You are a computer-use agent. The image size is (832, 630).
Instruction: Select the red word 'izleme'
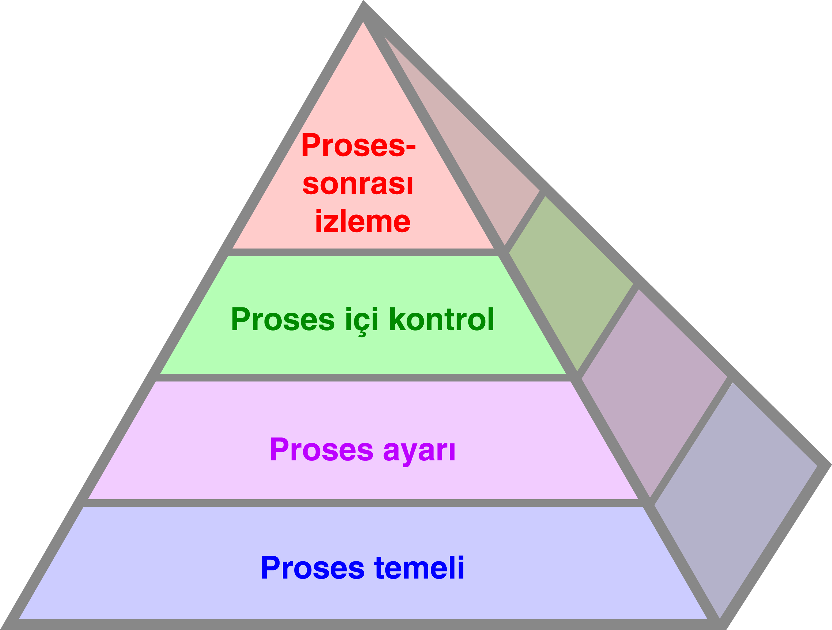363,221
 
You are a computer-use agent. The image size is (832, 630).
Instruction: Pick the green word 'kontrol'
442,319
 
